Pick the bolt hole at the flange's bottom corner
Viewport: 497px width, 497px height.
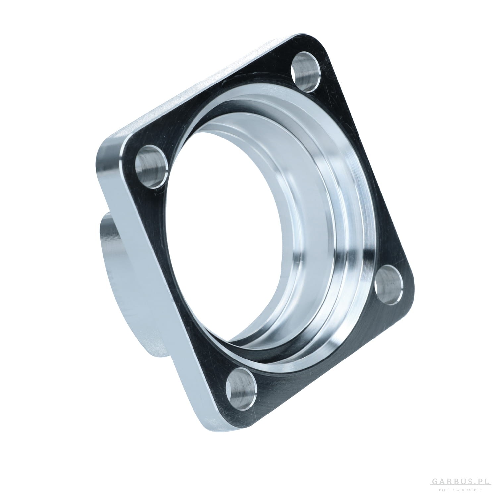[242, 387]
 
